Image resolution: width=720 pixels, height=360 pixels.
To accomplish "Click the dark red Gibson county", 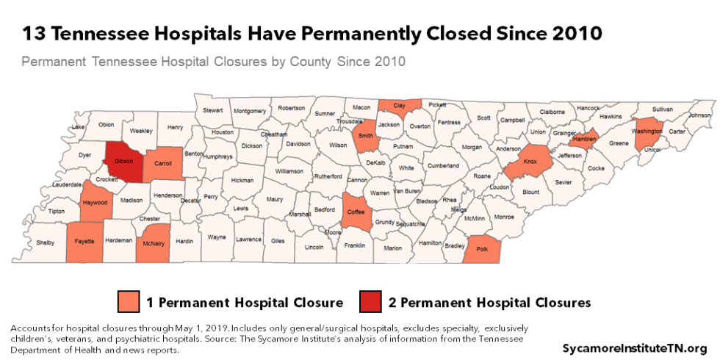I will [x=123, y=160].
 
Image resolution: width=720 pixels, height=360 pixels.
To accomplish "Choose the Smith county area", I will [x=365, y=136].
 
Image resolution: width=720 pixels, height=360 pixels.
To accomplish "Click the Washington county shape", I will [x=649, y=132].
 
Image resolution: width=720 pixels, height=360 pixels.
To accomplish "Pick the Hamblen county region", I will [x=583, y=138].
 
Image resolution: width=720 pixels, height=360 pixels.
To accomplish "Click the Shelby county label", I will [x=46, y=242].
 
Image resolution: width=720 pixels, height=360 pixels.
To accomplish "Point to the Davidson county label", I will [x=298, y=144].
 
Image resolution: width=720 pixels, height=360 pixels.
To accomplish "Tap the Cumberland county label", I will [x=442, y=166].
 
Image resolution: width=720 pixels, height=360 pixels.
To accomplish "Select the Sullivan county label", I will [x=663, y=109].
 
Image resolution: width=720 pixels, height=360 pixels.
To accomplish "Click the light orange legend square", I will [x=128, y=302].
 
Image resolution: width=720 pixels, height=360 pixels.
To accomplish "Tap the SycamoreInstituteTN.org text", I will [x=634, y=347].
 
